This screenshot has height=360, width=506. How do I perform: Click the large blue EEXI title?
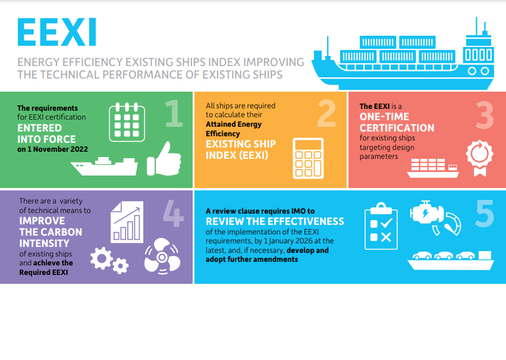(x=57, y=33)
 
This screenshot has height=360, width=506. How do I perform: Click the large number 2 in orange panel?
(x=326, y=114)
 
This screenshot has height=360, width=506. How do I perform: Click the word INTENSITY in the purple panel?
(x=44, y=243)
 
